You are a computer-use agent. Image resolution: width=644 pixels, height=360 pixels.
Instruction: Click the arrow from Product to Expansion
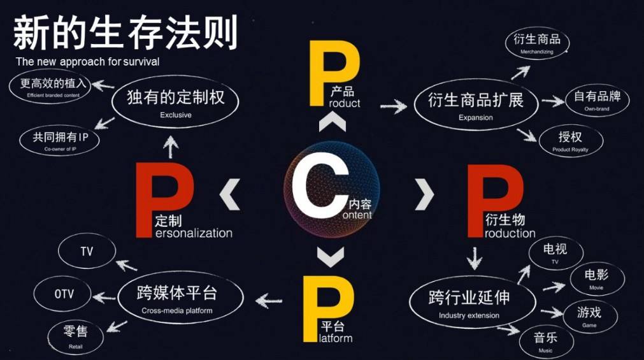[x=394, y=106]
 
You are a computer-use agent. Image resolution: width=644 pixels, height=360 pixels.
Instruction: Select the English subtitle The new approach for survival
[x=87, y=62]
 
